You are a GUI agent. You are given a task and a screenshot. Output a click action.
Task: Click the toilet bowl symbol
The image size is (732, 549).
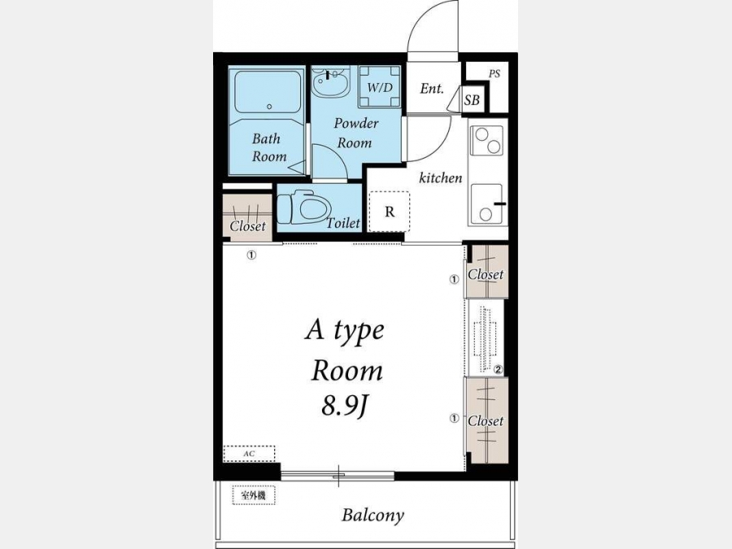[304, 207]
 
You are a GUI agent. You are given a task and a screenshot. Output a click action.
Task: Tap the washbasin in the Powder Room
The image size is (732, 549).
[331, 83]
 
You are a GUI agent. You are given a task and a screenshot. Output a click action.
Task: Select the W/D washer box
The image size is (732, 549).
[380, 87]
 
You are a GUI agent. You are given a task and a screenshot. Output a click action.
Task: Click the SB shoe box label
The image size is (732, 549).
[472, 100]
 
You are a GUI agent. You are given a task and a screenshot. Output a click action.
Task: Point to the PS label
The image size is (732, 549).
[495, 74]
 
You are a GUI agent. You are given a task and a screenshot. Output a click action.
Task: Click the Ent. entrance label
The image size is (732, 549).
[432, 88]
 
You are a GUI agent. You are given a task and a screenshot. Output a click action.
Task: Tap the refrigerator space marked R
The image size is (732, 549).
[390, 211]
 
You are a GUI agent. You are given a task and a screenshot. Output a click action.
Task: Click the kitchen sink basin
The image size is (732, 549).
[487, 204]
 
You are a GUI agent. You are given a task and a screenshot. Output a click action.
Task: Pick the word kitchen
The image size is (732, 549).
[441, 178]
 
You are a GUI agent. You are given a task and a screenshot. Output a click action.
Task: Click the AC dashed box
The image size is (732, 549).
[250, 454]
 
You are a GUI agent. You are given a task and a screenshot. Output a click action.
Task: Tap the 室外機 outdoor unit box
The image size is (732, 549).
[254, 495]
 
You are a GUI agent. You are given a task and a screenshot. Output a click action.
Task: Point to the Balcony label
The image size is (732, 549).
[373, 516]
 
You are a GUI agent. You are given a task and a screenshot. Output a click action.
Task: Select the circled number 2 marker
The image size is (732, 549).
[498, 370]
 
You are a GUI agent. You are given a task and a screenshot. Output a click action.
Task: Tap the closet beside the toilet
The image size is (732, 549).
[247, 217]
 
